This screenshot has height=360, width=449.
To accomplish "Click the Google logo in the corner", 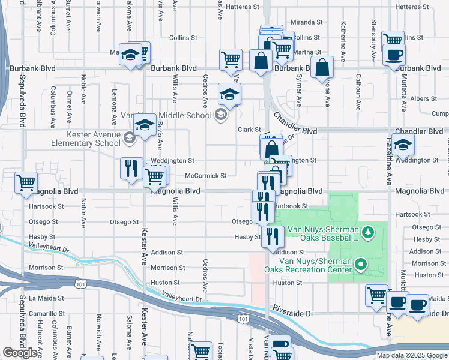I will tap(20, 353).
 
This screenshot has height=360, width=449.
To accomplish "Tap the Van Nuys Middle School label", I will tap(165, 115).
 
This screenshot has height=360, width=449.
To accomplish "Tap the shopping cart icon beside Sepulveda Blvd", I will tap(26, 182).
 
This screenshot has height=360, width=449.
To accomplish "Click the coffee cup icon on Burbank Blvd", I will tap(393, 56).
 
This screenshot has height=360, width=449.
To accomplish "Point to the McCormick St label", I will tap(205, 176).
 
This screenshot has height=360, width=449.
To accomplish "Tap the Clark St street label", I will tap(249, 130).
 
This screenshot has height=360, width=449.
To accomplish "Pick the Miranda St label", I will tap(307, 22).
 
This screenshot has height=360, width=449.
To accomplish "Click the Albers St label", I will tap(423, 98).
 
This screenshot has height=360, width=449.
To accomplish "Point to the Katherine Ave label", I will tap(343, 41).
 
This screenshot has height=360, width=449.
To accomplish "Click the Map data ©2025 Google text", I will tap(411, 355).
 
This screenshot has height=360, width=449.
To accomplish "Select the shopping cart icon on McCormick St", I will tap(155, 176).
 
